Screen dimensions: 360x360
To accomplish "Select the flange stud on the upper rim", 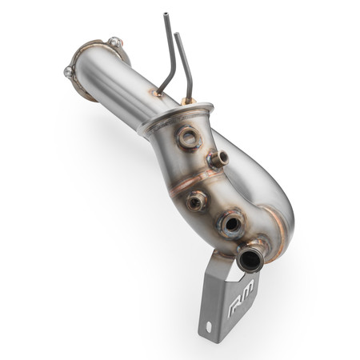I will pos(115,41).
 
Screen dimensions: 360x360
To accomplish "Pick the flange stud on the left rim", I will pos(69,71).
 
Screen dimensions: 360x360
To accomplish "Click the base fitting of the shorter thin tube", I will pos(188,102).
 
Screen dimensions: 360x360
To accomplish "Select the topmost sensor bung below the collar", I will pos(189,138).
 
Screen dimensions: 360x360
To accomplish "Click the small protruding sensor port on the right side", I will pos(218,159).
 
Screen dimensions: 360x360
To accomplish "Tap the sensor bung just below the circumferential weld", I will pos(197,201).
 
